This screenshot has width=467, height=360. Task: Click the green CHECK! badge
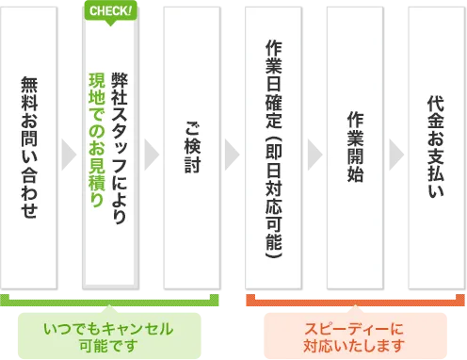click(111, 12)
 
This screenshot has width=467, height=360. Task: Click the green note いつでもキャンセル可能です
click(109, 335)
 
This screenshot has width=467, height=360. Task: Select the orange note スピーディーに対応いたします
click(354, 335)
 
